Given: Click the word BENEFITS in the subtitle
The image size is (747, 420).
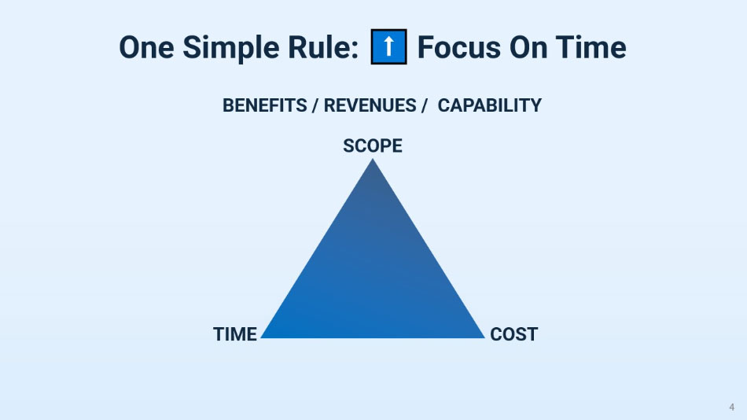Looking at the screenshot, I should (x=264, y=105).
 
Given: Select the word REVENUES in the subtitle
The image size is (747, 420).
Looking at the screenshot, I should (x=370, y=105).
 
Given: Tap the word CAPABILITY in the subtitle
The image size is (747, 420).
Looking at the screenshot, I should (x=489, y=105).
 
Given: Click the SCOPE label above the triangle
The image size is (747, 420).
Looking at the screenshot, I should (x=373, y=146).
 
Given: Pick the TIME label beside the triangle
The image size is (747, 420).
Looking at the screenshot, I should (x=235, y=334).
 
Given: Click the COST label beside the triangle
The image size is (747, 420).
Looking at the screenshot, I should (x=513, y=334).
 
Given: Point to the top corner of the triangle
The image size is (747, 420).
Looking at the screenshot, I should (x=373, y=161).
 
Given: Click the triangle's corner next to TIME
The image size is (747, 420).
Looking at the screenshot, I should (x=263, y=337).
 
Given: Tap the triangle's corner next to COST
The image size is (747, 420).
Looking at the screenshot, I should (x=482, y=337).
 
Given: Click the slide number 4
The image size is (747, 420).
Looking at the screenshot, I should (x=732, y=407).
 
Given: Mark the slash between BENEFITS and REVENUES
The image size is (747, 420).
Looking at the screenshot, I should (x=315, y=105).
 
